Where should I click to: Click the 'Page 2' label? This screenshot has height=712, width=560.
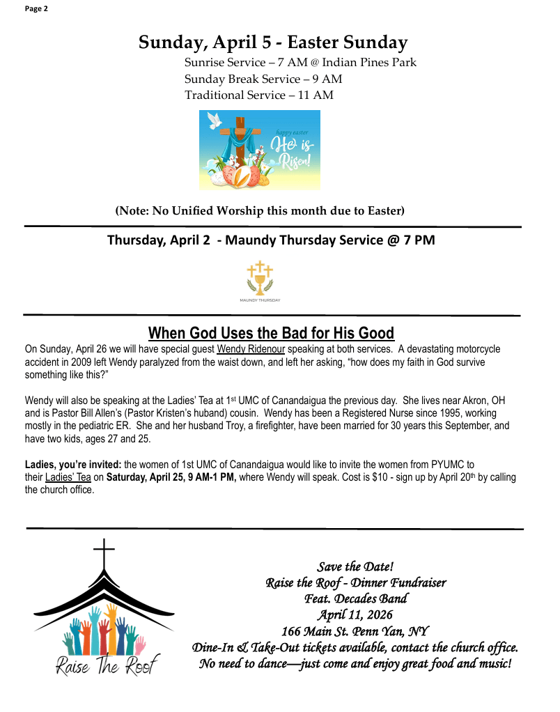tap(36, 8)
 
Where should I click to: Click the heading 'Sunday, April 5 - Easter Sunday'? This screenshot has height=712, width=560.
tap(273, 42)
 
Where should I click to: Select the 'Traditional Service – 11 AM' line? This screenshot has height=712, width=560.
tap(258, 95)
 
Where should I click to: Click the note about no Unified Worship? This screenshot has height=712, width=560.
tap(260, 210)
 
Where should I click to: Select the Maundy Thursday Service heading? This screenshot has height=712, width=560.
tap(271, 240)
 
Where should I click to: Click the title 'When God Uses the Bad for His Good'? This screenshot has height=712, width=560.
tap(271, 333)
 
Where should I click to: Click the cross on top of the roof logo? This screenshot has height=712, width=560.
tap(104, 555)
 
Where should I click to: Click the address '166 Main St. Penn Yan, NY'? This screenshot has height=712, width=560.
tap(355, 631)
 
